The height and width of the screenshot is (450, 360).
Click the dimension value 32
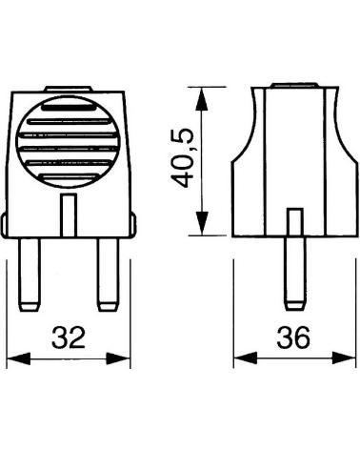click(x=69, y=337)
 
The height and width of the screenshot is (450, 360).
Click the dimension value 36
click(x=293, y=337)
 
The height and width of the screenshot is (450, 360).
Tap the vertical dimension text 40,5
click(x=182, y=158)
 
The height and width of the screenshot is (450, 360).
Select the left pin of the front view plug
click(x=30, y=275)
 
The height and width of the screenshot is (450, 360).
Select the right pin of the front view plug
click(x=108, y=275)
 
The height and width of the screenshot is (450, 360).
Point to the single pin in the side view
click(x=294, y=274)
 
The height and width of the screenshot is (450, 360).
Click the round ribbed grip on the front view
click(x=68, y=141)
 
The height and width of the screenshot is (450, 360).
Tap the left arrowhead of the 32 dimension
click(x=18, y=358)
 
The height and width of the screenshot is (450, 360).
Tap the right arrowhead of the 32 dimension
click(x=118, y=358)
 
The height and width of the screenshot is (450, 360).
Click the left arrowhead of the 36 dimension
click(x=246, y=358)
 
